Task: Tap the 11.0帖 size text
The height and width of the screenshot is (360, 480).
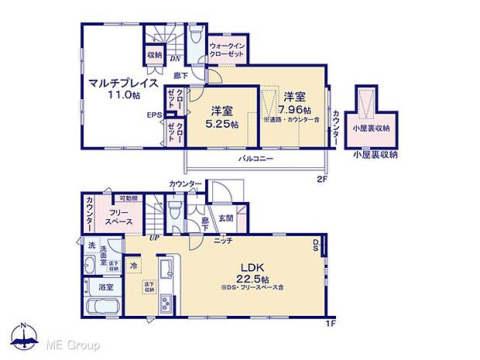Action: (124, 95)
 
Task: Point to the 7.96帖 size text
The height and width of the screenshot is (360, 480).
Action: (293, 108)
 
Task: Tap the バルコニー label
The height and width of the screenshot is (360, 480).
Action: (255, 158)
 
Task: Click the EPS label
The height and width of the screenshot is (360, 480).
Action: (154, 116)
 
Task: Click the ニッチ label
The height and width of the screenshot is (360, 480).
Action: (224, 241)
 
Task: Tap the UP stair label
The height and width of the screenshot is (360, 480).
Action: (155, 237)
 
